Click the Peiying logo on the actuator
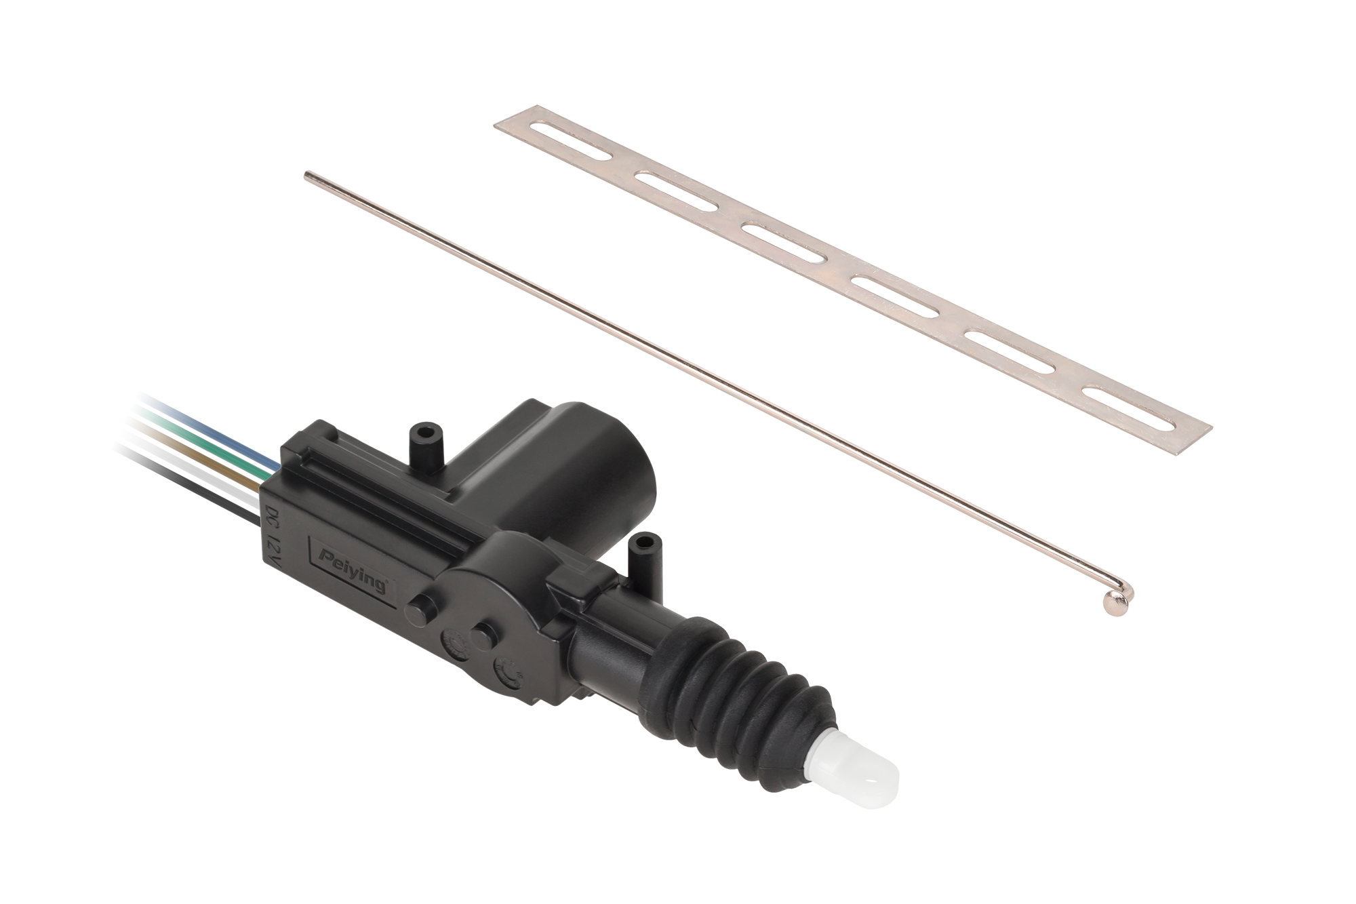[353, 564]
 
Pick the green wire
[203, 441]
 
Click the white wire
[190, 468]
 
